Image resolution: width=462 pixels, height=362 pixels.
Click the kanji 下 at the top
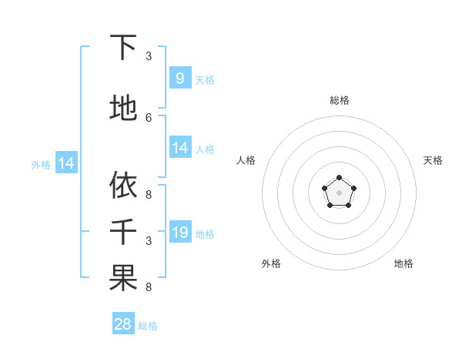coord(123,48)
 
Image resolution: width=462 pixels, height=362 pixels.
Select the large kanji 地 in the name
coord(123,108)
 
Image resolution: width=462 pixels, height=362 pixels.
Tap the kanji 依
coord(123,185)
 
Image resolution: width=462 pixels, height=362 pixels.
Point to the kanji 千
coord(123,231)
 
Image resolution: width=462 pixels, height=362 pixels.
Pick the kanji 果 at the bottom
coord(123,278)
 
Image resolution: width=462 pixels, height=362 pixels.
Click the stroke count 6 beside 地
coord(149,117)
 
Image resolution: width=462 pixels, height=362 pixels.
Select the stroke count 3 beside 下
coord(149,55)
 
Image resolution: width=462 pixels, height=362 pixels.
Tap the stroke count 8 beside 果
coord(149,287)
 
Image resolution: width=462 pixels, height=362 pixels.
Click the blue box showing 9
coord(179,78)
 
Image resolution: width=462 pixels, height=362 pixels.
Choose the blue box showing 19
coord(179,232)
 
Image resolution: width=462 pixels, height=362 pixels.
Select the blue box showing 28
coord(123,324)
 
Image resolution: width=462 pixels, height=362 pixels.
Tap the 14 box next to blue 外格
coord(65,163)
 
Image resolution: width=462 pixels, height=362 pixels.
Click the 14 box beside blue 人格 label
coord(179,147)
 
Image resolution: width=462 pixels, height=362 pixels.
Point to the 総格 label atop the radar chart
coord(339,100)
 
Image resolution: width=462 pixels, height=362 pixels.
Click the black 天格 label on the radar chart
coord(433,160)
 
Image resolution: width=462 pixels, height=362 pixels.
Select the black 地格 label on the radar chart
coord(403,263)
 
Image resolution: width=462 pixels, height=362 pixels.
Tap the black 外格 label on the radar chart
coord(271,263)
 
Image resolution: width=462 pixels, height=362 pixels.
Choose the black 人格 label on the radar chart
coord(246,160)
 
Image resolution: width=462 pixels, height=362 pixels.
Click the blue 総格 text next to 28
coord(148,326)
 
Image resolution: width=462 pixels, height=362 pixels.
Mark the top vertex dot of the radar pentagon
coord(339,179)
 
